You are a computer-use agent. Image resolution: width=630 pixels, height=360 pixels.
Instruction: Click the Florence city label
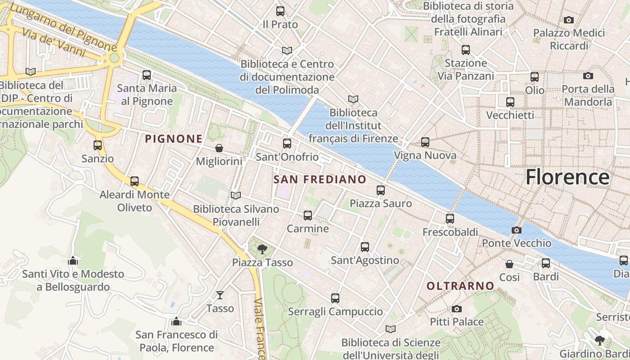pyautogui.click(x=567, y=177)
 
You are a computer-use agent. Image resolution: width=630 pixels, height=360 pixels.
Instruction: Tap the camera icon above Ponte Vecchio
pyautogui.click(x=517, y=230)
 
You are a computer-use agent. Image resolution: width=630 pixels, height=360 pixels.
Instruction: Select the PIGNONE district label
pyautogui.click(x=174, y=139)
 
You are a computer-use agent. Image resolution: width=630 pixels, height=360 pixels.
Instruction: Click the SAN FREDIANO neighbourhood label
pyautogui.click(x=320, y=180)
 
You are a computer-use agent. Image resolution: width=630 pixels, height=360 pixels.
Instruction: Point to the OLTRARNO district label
pyautogui.click(x=460, y=286)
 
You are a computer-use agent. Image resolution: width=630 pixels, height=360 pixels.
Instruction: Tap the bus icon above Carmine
pyautogui.click(x=308, y=216)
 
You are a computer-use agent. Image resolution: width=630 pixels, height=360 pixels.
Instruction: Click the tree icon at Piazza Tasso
pyautogui.click(x=262, y=249)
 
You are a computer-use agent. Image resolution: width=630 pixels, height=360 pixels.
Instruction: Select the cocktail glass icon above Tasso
pyautogui.click(x=220, y=295)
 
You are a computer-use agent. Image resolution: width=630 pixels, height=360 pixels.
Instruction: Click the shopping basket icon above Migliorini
pyautogui.click(x=219, y=148)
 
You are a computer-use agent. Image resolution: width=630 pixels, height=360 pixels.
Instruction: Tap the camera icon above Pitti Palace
pyautogui.click(x=457, y=309)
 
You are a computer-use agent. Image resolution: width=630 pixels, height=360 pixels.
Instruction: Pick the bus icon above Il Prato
pyautogui.click(x=280, y=11)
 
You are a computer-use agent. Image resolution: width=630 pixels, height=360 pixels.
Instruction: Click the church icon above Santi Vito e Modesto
pyautogui.click(x=73, y=261)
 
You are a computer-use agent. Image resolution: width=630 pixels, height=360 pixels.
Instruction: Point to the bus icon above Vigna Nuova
pyautogui.click(x=425, y=143)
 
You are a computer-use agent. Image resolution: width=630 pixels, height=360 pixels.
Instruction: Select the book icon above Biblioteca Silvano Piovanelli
pyautogui.click(x=236, y=195)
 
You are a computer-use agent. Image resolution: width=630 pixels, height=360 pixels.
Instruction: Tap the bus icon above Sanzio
pyautogui.click(x=98, y=145)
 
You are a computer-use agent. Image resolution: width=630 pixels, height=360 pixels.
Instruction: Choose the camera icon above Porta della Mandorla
pyautogui.click(x=588, y=76)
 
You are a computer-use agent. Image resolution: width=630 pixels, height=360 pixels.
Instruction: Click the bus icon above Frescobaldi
pyautogui.click(x=450, y=219)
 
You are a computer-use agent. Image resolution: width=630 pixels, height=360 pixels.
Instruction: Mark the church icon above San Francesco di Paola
pyautogui.click(x=176, y=321)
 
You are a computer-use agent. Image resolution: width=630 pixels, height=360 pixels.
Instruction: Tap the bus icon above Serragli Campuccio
pyautogui.click(x=335, y=298)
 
